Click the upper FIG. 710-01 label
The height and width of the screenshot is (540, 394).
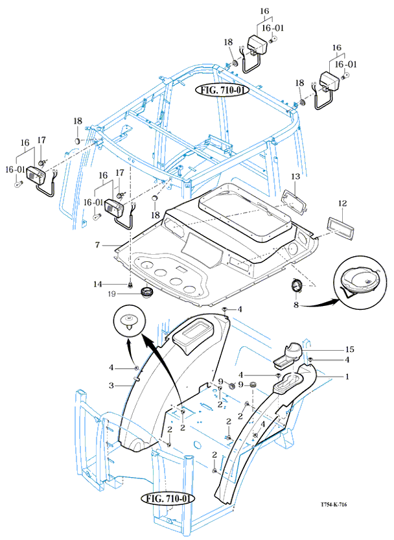223,90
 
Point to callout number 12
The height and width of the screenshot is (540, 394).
343,203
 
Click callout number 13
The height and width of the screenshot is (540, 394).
295,176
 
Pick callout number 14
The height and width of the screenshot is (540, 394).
97,284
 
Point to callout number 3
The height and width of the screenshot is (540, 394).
111,385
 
